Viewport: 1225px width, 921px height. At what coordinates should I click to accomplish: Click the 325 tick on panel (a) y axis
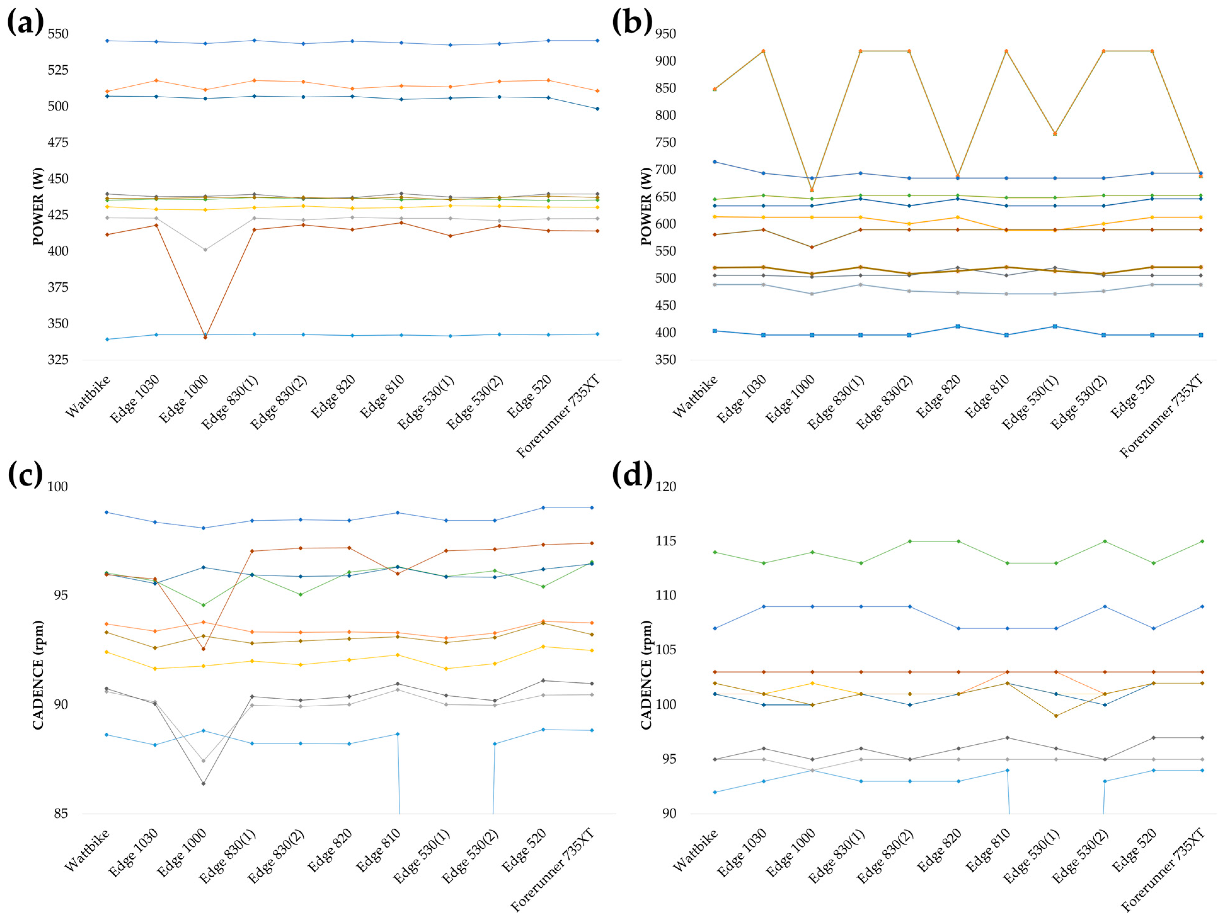pos(58,360)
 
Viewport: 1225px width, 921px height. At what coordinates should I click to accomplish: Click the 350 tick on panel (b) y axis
pos(665,360)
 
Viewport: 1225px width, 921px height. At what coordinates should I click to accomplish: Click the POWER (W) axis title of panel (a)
pos(38,206)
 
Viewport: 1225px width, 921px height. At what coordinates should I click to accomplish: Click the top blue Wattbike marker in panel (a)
pos(107,40)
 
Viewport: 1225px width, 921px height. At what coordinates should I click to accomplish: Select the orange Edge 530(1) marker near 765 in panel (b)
pos(1055,134)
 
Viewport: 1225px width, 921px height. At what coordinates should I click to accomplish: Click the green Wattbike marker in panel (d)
pos(715,552)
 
